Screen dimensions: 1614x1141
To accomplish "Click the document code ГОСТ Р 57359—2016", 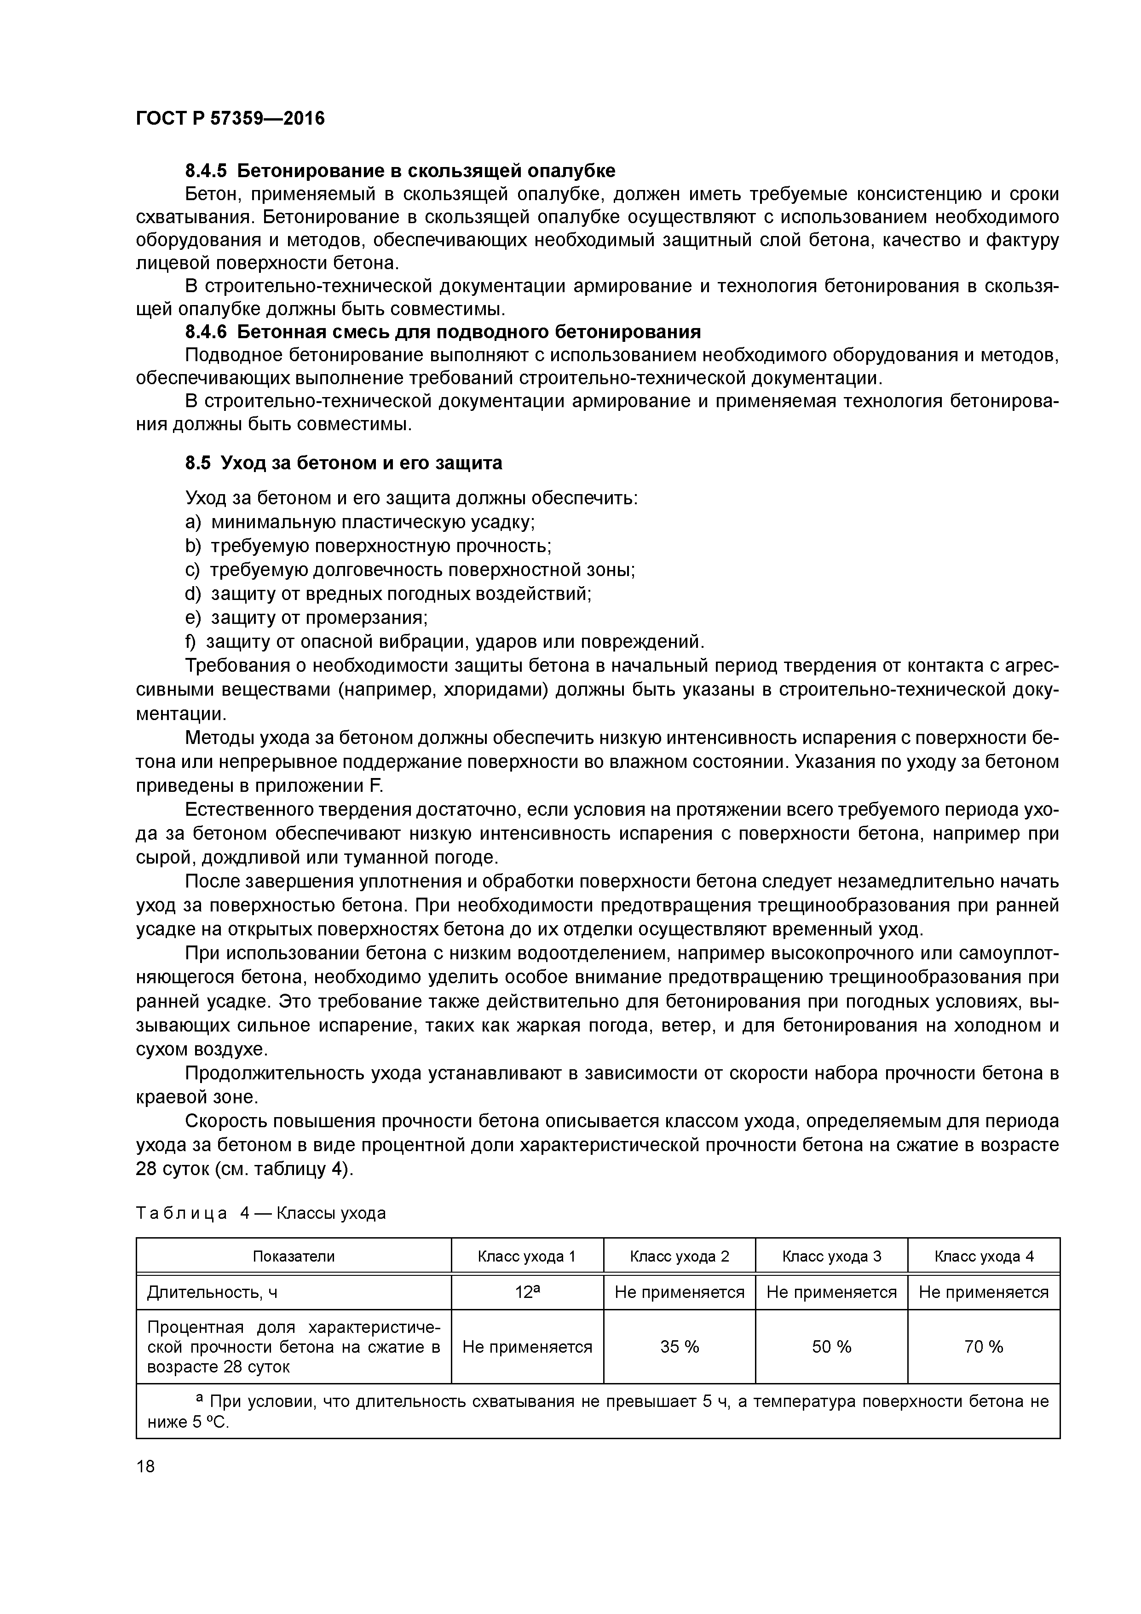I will [x=230, y=118].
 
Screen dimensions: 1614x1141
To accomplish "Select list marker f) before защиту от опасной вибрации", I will [x=190, y=642].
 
